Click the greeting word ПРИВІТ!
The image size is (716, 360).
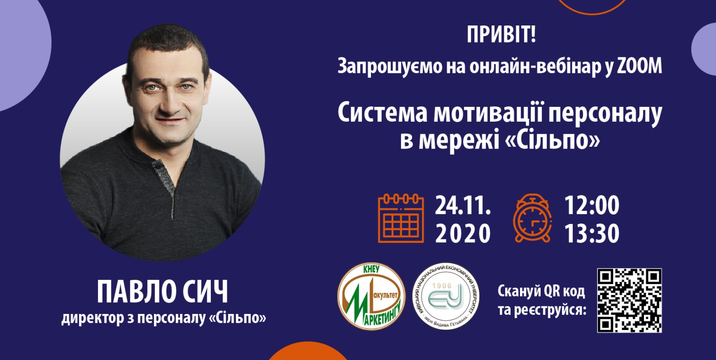pyautogui.click(x=501, y=34)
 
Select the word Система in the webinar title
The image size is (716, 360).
pyautogui.click(x=382, y=114)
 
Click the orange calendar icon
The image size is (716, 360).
pyautogui.click(x=401, y=218)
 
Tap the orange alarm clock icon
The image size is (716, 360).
pyautogui.click(x=532, y=218)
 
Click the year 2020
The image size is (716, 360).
pyautogui.click(x=463, y=233)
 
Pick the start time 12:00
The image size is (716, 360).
pyautogui.click(x=592, y=205)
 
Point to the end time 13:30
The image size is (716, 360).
pyautogui.click(x=592, y=233)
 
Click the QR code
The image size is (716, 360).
pyautogui.click(x=629, y=301)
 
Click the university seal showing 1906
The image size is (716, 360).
pyautogui.click(x=446, y=296)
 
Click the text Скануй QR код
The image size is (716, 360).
pyautogui.click(x=541, y=291)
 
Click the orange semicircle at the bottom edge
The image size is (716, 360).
pyautogui.click(x=307, y=352)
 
